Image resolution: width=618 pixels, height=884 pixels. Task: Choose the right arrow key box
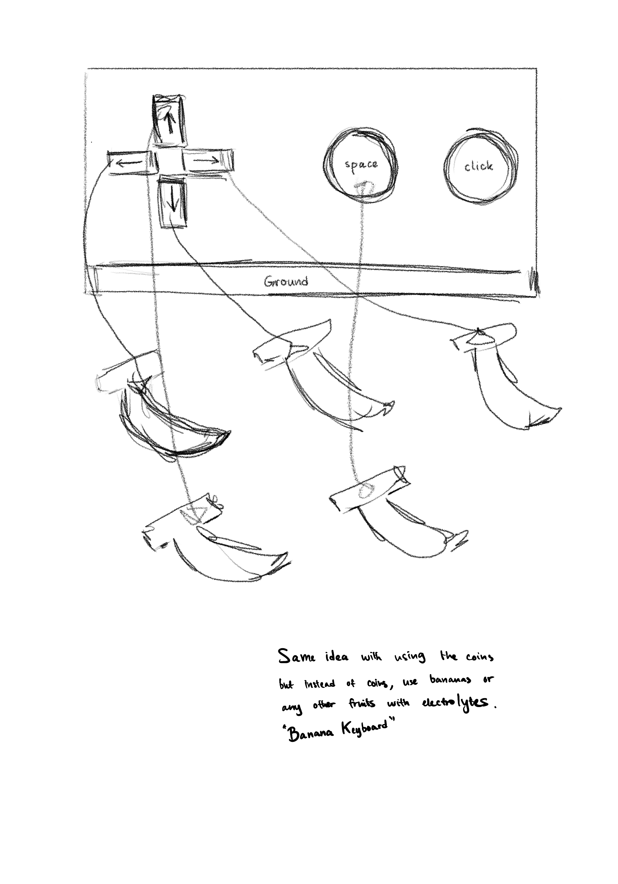point(206,160)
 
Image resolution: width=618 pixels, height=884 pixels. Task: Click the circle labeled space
point(360,165)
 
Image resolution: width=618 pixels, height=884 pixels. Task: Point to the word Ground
point(286,281)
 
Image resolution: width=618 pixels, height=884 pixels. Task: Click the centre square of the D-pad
point(169,161)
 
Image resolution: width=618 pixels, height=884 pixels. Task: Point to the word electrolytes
point(455,703)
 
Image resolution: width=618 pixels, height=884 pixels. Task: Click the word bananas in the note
point(450,680)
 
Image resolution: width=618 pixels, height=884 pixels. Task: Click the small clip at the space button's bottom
point(363,187)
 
